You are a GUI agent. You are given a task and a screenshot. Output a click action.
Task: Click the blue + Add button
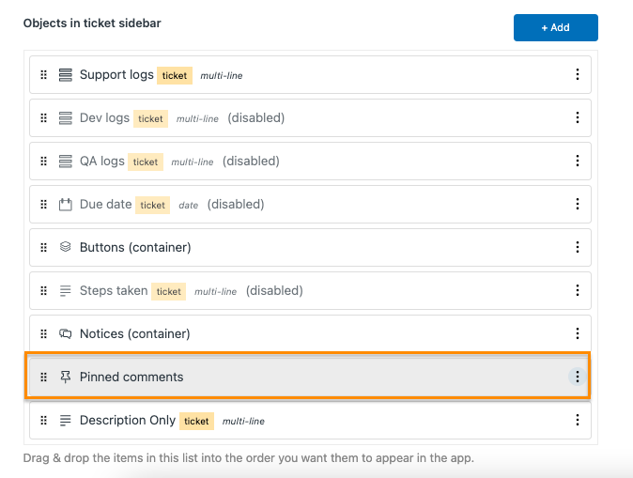click(555, 27)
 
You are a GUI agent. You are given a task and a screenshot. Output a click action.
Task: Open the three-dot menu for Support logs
click(578, 74)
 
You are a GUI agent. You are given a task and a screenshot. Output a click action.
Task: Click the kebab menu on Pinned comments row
click(578, 377)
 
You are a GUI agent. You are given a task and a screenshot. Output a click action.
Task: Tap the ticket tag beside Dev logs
click(150, 118)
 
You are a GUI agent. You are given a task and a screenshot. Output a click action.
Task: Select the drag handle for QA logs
click(43, 162)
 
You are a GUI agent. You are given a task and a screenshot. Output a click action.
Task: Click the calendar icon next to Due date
click(66, 205)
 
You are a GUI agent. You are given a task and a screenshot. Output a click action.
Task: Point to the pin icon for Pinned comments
click(66, 378)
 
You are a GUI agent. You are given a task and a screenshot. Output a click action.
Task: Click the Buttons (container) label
click(135, 247)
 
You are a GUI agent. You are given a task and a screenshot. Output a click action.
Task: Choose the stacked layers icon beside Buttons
click(66, 247)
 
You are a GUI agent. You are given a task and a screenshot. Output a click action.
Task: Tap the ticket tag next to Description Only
click(196, 421)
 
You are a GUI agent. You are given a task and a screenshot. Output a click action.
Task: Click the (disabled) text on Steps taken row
click(274, 291)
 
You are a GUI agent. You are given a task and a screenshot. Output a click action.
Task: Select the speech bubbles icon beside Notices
click(66, 333)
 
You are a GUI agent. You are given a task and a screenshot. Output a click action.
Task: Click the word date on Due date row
click(189, 206)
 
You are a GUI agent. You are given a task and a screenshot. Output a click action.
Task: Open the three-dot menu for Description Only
click(578, 420)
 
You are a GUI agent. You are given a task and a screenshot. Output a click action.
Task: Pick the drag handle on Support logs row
click(43, 75)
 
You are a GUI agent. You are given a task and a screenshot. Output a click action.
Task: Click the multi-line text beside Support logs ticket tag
click(222, 75)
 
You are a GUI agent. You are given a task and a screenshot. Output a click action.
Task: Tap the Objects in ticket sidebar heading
click(92, 23)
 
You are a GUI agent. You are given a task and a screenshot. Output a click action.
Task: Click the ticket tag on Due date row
click(152, 205)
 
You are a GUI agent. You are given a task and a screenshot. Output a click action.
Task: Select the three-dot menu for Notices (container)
click(578, 333)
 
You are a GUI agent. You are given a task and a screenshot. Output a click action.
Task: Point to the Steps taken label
click(114, 291)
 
